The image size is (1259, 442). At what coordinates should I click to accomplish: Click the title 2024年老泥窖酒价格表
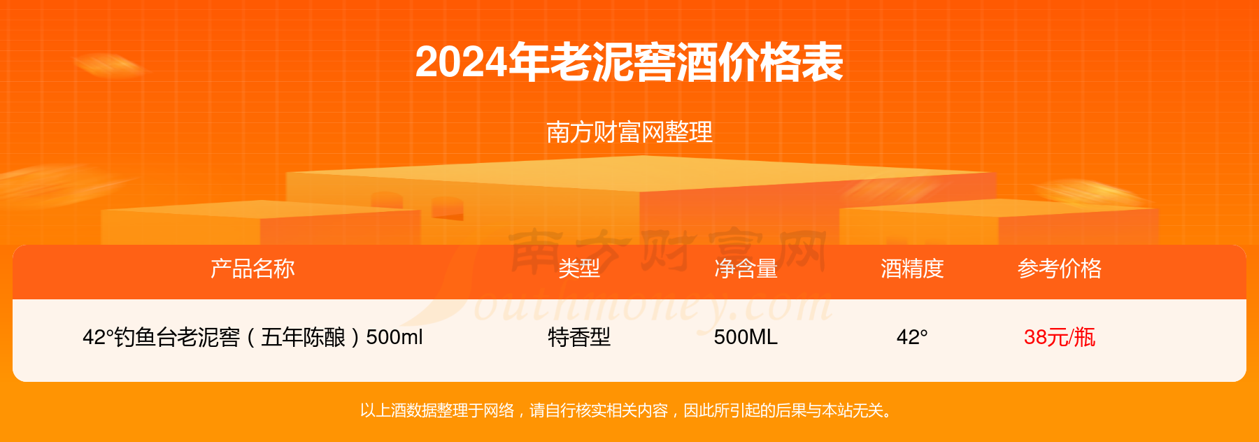(629, 63)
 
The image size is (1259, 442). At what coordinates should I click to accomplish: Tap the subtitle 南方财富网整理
(629, 132)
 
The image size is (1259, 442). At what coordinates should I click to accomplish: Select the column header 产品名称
(252, 269)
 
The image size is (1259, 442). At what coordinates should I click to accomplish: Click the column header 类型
(579, 269)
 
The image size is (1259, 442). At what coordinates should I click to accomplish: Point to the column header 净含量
(746, 269)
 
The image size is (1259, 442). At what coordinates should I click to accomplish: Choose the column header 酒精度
(912, 269)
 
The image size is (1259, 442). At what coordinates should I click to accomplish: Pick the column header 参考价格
(1060, 269)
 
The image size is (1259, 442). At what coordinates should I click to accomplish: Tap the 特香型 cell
(579, 338)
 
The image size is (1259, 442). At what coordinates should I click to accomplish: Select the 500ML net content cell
(746, 338)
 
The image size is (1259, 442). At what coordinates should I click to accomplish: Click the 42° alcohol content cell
(912, 338)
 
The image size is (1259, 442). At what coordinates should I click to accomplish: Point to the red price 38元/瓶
(1060, 338)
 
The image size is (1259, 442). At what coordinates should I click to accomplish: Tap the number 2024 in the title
(462, 63)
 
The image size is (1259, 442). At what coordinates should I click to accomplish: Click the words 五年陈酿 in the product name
(303, 338)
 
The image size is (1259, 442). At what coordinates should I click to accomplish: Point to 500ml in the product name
(394, 338)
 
